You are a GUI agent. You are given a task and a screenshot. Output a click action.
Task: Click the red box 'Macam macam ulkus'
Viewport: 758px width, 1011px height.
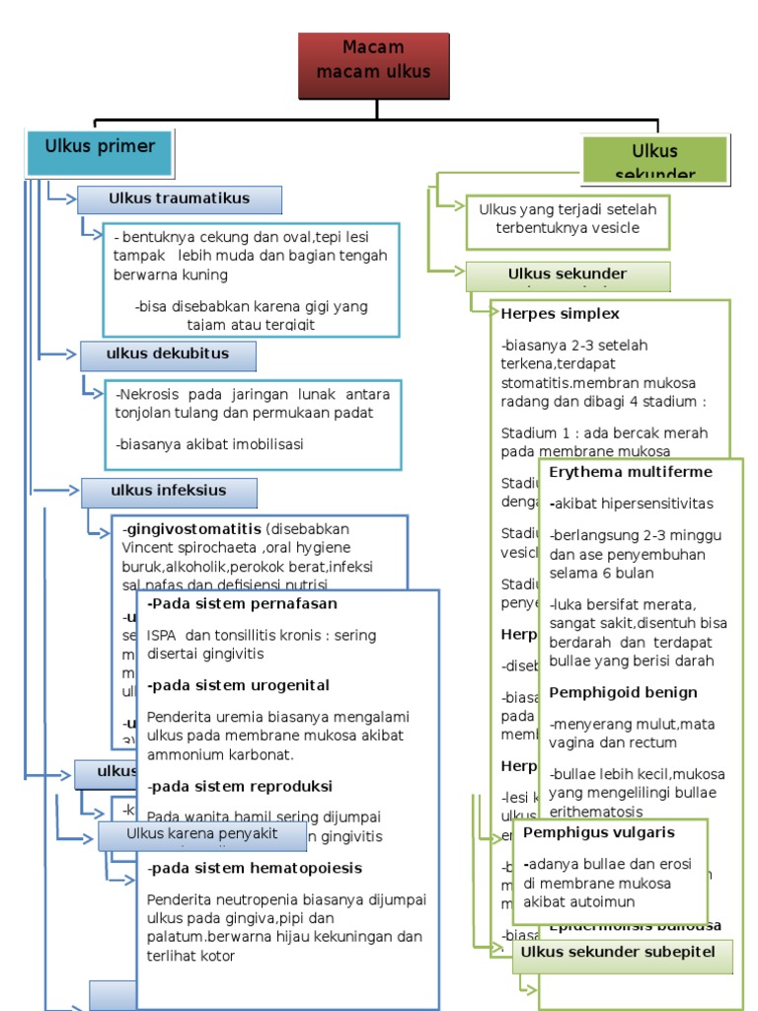pos(374,65)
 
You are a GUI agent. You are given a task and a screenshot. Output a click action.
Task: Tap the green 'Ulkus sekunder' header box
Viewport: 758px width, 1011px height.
pos(655,159)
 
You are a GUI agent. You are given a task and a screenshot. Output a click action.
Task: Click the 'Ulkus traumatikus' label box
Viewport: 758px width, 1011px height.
pos(180,199)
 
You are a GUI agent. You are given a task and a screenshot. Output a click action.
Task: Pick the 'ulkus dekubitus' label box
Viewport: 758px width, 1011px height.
pos(169,355)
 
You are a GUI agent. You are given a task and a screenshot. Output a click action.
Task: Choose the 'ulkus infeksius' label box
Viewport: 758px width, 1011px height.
pos(169,492)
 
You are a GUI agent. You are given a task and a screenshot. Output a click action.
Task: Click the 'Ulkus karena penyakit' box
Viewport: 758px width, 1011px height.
pos(202,835)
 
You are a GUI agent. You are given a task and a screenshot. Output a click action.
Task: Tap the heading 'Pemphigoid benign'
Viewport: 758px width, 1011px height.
pos(623,693)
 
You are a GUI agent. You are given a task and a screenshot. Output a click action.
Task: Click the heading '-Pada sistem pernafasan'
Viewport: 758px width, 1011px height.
pos(242,604)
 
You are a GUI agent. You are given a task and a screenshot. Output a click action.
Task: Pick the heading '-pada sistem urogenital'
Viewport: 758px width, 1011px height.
pos(238,686)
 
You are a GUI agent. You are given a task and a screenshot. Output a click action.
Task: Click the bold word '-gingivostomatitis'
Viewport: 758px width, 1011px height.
pos(192,528)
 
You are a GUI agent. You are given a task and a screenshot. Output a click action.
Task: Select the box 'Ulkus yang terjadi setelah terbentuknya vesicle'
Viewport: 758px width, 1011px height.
pos(568,220)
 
